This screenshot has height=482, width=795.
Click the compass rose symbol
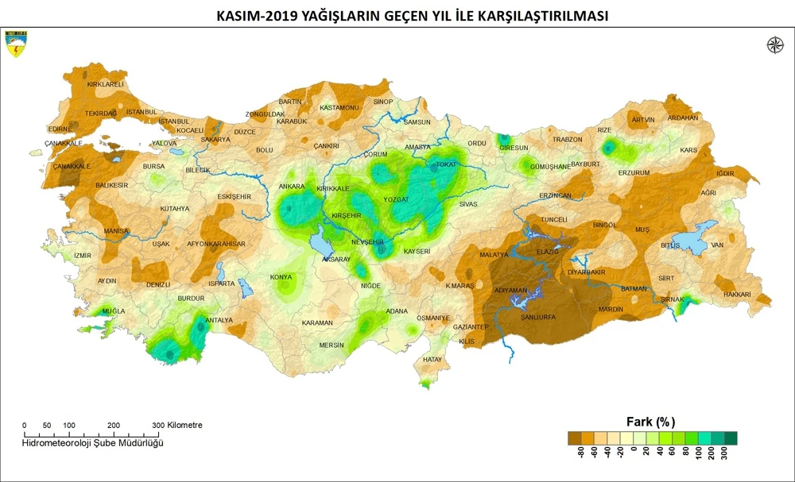point(774,45)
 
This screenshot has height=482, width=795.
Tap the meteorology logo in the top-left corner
point(16,44)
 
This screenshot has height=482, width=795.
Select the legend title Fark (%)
point(651,421)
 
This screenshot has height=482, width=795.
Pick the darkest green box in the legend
point(731,438)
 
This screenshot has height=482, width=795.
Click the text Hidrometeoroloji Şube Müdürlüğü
point(92,442)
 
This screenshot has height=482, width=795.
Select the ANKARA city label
point(292,187)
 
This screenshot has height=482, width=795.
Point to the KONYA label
point(281,277)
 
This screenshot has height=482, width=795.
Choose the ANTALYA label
point(219,320)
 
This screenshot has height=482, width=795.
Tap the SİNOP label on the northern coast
point(383,102)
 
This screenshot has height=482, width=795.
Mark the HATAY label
point(432,360)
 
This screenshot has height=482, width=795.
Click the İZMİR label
point(83,255)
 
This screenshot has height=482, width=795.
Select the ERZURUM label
point(634,172)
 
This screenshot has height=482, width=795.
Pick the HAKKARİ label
point(737,294)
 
